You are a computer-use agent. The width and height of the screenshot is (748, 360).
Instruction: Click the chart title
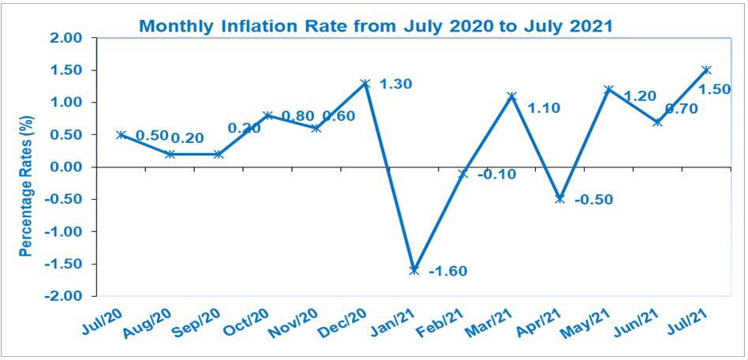coord(376,24)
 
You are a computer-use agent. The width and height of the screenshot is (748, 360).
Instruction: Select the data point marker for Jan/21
coord(413,270)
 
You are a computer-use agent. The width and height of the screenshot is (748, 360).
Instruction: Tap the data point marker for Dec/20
coord(365,83)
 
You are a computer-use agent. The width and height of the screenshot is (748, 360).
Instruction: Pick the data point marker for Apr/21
coord(560,199)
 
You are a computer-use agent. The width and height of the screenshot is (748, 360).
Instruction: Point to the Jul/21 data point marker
coord(707,69)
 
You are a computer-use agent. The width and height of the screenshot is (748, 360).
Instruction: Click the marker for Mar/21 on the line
coord(511,96)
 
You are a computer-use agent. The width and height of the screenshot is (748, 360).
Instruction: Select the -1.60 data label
coord(447,272)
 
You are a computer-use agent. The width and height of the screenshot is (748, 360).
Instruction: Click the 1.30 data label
coord(396,84)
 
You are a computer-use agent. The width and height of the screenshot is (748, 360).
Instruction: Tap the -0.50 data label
coord(593,199)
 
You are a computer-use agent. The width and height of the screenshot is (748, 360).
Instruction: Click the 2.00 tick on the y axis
coord(65,38)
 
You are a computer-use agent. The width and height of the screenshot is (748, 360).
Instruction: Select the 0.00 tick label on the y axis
coord(65,167)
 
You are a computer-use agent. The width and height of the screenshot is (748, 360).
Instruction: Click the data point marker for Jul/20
coord(121,134)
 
